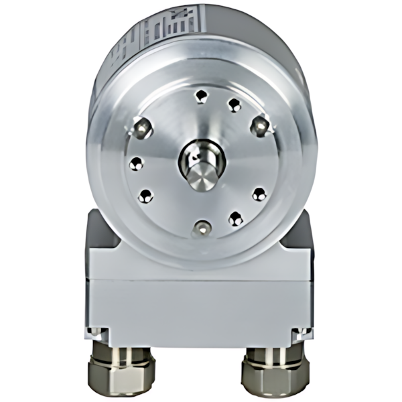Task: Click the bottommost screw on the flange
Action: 200,228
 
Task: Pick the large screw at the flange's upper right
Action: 259,125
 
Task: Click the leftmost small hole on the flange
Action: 137,163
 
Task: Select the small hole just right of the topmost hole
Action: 234,105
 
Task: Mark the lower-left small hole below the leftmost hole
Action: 145,196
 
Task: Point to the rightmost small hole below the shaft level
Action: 259,194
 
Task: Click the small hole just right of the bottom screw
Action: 235,218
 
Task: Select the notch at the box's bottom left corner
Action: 96,331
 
